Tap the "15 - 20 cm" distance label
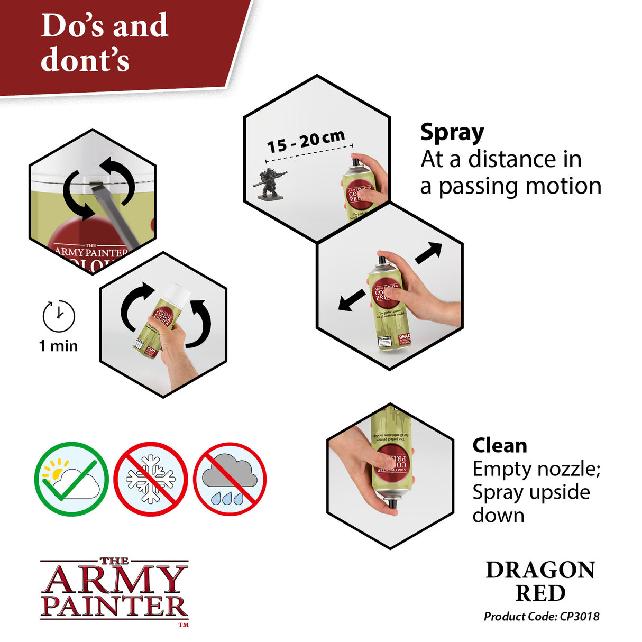tap(305, 142)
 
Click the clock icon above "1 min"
tap(59, 316)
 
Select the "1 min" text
tap(58, 346)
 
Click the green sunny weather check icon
tap(71, 479)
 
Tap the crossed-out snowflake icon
tap(151, 479)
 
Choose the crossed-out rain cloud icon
tap(230, 479)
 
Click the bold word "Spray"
tap(452, 133)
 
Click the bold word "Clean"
tap(500, 446)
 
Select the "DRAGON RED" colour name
tap(540, 581)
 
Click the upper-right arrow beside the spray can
tap(429, 252)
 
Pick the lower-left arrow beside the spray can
tap(351, 301)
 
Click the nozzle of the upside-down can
tap(392, 502)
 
